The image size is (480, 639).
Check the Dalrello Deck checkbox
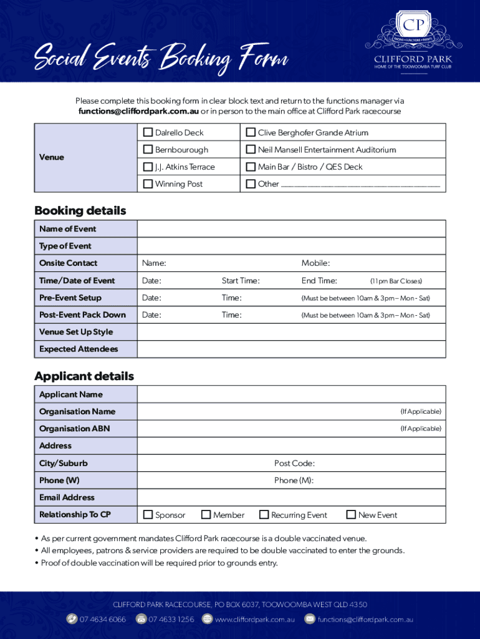pyautogui.click(x=148, y=132)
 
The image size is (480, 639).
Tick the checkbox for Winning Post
pyautogui.click(x=148, y=184)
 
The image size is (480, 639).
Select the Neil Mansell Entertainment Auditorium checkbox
pyautogui.click(x=251, y=150)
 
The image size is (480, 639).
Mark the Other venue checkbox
pyautogui.click(x=251, y=184)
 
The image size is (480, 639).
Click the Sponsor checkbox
pyautogui.click(x=148, y=515)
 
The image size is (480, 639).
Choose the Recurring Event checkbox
pyautogui.click(x=264, y=515)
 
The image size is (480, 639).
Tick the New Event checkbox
pyautogui.click(x=351, y=515)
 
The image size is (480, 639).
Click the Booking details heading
pyautogui.click(x=80, y=211)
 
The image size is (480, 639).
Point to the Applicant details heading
pyautogui.click(x=84, y=376)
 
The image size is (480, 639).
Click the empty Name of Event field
pyautogui.click(x=291, y=229)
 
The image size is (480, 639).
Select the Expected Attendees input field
pyautogui.click(x=291, y=349)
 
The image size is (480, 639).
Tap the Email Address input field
pyautogui.click(x=291, y=497)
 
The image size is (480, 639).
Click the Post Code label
pyautogui.click(x=294, y=463)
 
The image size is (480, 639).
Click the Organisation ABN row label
pyautogui.click(x=74, y=429)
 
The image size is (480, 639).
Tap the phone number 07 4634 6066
pyautogui.click(x=102, y=620)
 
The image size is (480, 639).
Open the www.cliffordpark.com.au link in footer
pyautogui.click(x=254, y=620)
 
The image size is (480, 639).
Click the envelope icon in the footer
pyautogui.click(x=310, y=620)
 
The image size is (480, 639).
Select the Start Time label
pyautogui.click(x=241, y=281)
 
